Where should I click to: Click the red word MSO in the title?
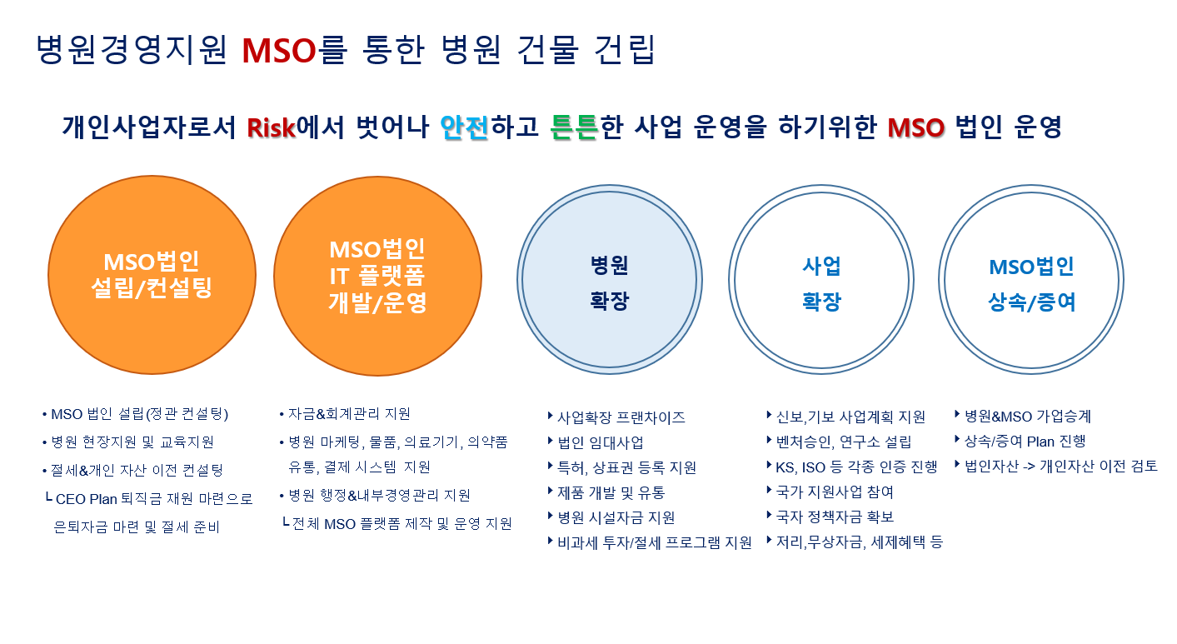[279, 50]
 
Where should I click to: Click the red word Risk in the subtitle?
[272, 127]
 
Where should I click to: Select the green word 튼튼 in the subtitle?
[575, 127]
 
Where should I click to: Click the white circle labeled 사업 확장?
[820, 282]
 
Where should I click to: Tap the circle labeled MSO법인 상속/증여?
[1031, 282]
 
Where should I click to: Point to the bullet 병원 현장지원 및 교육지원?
[132, 442]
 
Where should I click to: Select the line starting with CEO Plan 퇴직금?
[153, 499]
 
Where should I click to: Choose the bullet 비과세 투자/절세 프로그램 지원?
[654, 542]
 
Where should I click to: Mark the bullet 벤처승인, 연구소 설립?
[843, 442]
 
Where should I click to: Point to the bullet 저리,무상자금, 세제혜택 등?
[859, 542]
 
